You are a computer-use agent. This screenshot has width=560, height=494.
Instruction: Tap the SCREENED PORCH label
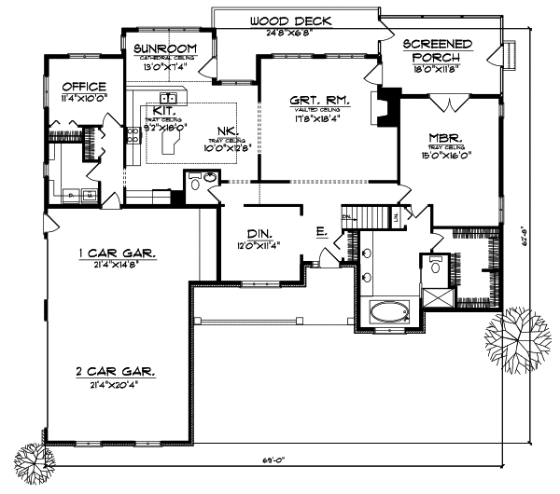(437, 50)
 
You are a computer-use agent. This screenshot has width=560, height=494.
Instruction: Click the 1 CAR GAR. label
(117, 253)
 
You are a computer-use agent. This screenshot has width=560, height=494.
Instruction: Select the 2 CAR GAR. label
(117, 371)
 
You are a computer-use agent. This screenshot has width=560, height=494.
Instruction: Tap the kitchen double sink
(170, 97)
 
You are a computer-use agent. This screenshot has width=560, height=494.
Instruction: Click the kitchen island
(173, 140)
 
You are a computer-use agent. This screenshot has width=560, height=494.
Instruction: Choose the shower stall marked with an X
(435, 298)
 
